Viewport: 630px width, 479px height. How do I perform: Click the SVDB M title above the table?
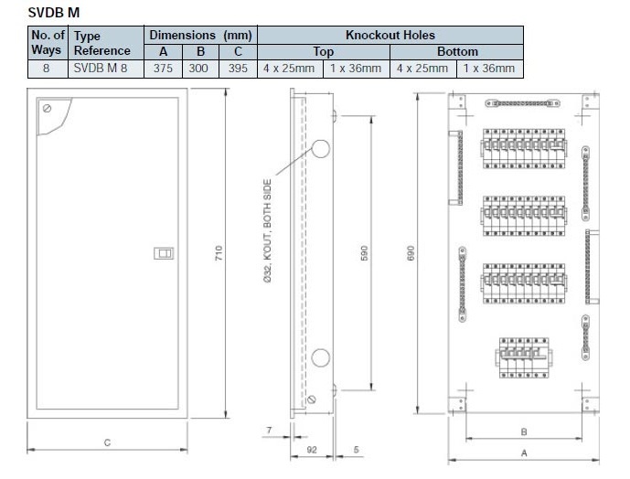(x=53, y=12)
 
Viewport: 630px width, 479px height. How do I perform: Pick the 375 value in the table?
(x=163, y=69)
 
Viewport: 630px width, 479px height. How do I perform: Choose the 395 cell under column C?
(x=238, y=69)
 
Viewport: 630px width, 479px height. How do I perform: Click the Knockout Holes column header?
(x=390, y=35)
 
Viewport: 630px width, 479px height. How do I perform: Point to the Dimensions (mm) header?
(x=201, y=35)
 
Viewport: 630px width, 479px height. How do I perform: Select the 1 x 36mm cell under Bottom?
(x=489, y=69)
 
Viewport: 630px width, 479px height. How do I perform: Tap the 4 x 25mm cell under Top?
(x=290, y=69)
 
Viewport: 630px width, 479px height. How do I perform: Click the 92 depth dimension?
(x=311, y=450)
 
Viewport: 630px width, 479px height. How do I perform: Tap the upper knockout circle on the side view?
(x=323, y=150)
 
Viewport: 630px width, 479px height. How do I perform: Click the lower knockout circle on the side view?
(x=323, y=357)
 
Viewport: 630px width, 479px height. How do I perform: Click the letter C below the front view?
(x=107, y=442)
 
